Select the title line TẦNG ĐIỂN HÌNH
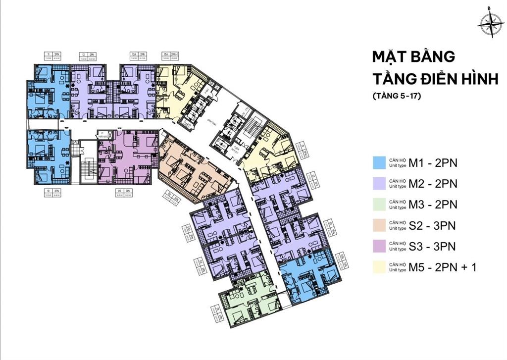pos(435,79)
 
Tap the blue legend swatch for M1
pos(379,162)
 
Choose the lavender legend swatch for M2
pos(379,184)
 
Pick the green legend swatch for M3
pos(379,205)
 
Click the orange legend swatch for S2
pos(379,226)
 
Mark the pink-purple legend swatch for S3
pos(379,247)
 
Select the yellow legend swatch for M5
pos(379,268)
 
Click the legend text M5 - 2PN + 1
pos(442,268)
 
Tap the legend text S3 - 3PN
pos(432,247)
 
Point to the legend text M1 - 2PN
pos(433,162)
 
